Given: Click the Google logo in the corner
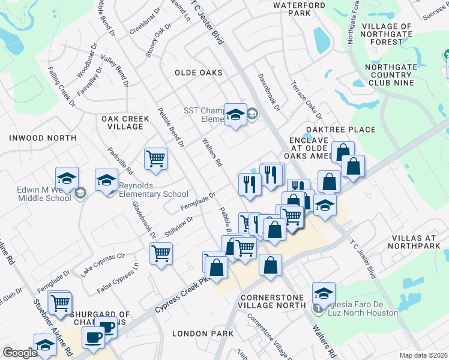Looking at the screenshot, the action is tap(20, 353).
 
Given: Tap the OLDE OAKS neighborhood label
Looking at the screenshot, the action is tap(198, 73).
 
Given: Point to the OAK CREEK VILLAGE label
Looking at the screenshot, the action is tap(125, 124).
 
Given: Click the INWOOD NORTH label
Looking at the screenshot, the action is tap(43, 138).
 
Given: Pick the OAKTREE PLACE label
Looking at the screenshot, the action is tap(340, 130).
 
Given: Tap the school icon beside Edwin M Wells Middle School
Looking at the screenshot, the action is tap(67, 178).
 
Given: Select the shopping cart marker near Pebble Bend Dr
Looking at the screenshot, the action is tap(155, 159).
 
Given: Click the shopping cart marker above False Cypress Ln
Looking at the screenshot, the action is tap(161, 254).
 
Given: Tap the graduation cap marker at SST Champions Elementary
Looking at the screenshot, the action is tap(235, 114).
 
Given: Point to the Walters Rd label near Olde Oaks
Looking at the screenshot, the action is tap(213, 153).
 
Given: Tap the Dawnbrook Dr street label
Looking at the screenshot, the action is tap(269, 92).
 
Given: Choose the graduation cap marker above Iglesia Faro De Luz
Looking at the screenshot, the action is tap(324, 293).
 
